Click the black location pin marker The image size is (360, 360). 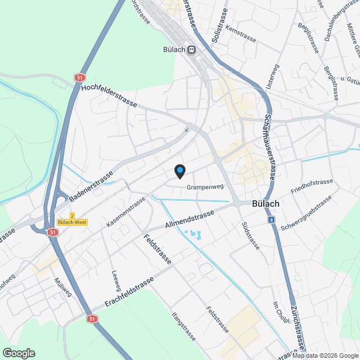coord(179,171)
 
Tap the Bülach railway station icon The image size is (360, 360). coord(192,49)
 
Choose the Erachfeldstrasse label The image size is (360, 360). coord(129,293)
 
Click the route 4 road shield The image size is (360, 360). coord(272,219)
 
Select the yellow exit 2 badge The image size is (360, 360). coord(72,216)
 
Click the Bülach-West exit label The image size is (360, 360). coord(72,223)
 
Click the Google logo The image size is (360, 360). coord(19,353)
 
